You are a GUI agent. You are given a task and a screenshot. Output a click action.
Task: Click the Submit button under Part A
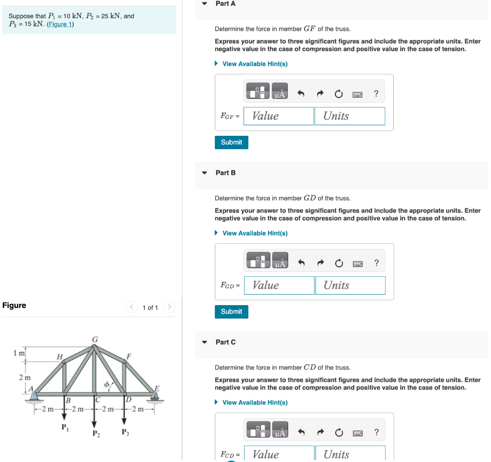(x=232, y=142)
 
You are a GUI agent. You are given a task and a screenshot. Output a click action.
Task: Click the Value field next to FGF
(x=279, y=116)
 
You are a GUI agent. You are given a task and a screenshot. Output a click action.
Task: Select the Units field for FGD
(x=350, y=285)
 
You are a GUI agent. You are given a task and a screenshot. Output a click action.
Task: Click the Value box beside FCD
(x=279, y=454)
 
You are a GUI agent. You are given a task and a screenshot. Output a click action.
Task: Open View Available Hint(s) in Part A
(x=255, y=64)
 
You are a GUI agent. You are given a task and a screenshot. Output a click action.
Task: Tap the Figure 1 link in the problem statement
(x=60, y=24)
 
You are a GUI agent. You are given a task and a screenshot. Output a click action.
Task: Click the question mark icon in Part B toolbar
(x=376, y=262)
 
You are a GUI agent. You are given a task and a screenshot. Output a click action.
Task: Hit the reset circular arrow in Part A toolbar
(x=339, y=94)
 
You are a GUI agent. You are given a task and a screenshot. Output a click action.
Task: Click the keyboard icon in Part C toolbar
(x=358, y=433)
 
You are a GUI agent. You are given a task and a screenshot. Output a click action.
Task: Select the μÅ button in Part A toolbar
(x=280, y=91)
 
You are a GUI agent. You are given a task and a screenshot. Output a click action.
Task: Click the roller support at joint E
(x=154, y=397)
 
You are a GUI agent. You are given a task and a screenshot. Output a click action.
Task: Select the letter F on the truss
(x=129, y=356)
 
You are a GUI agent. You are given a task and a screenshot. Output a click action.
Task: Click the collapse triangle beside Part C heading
(x=205, y=342)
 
